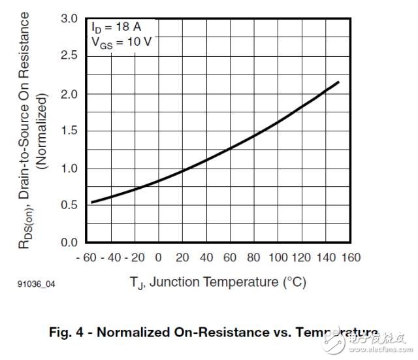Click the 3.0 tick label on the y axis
[x=69, y=18]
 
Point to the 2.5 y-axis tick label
[x=69, y=56]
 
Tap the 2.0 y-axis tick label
[x=69, y=93]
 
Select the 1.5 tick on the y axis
[x=69, y=131]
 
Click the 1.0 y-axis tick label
[x=69, y=168]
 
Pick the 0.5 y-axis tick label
[x=69, y=205]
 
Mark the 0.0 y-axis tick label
[x=69, y=242]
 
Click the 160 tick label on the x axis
[x=351, y=257]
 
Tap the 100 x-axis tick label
[x=279, y=257]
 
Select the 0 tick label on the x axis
[x=159, y=257]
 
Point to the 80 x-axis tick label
[x=255, y=257]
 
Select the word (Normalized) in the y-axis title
[x=42, y=131]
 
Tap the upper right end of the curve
[x=339, y=82]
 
